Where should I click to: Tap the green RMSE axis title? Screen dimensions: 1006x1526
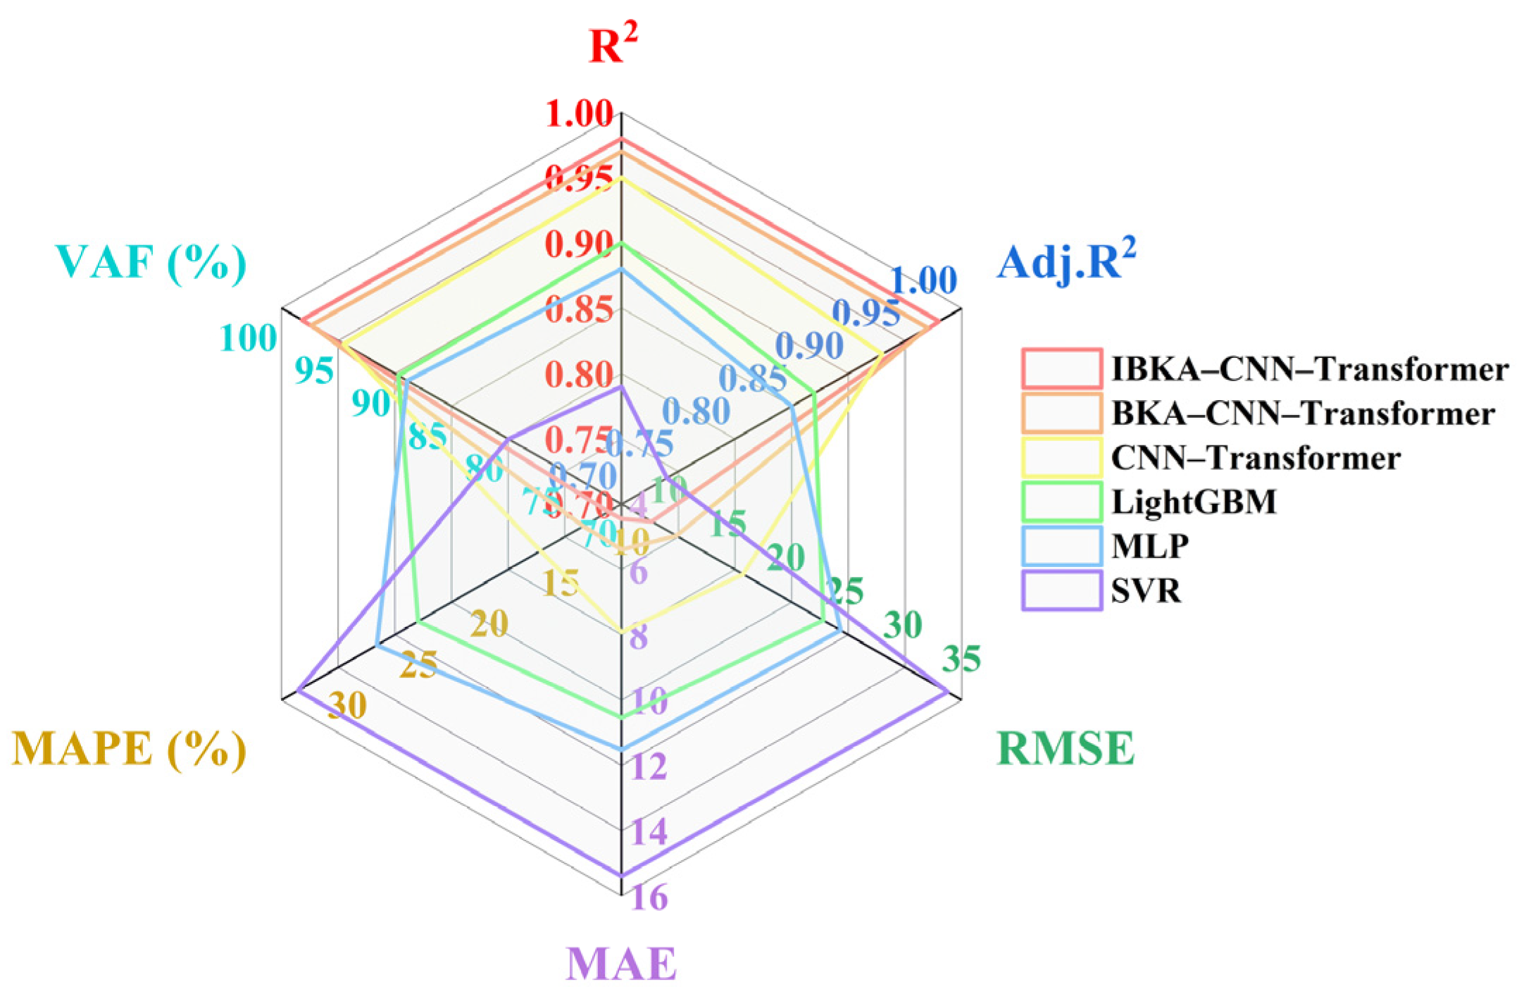point(1065,748)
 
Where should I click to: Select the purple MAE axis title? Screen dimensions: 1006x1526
point(621,964)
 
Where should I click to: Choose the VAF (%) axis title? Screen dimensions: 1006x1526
point(151,262)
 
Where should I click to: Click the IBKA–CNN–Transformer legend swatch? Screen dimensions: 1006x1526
point(1062,368)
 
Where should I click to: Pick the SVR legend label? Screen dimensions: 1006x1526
point(1146,590)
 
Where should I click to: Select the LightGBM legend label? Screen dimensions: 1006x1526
point(1194,502)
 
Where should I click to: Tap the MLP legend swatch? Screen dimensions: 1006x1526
point(1062,546)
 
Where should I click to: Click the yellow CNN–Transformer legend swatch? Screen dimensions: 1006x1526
point(1062,457)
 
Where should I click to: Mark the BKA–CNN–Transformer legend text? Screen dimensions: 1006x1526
point(1303,413)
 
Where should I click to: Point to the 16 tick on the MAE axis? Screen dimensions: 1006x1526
point(649,898)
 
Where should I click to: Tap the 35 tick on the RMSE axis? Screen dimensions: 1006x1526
point(961,659)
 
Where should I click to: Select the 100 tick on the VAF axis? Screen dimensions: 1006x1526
point(248,338)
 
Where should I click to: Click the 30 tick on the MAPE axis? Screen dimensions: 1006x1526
point(347,704)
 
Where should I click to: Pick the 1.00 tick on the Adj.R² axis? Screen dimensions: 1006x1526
point(924,280)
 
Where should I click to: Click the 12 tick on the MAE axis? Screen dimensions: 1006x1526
point(649,766)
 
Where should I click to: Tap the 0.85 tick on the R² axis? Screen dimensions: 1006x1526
point(579,309)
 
